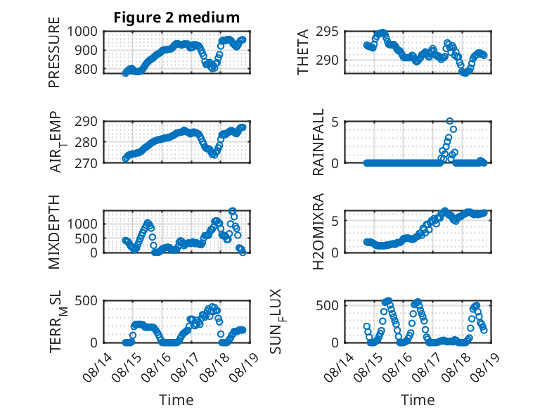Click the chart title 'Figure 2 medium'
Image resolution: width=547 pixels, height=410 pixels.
[x=176, y=18]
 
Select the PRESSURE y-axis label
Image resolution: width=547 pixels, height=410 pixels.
[x=54, y=52]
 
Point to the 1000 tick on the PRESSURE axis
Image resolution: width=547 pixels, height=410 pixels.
[x=82, y=32]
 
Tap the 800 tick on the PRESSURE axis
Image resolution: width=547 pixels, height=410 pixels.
[x=86, y=69]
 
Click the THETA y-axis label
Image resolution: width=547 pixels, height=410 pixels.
[x=302, y=52]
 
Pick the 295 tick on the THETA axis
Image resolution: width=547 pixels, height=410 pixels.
[x=327, y=32]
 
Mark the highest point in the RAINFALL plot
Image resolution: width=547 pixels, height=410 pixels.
[x=450, y=121]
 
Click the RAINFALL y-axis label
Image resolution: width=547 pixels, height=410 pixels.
[x=318, y=142]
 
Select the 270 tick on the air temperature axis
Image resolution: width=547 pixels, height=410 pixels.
[x=86, y=163]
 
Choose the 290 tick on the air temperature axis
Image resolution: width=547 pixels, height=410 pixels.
[x=86, y=122]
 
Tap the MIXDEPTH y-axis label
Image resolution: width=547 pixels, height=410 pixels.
[x=54, y=232]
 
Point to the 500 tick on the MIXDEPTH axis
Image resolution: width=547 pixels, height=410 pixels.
[x=86, y=238]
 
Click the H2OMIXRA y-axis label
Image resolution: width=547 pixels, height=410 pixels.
[x=318, y=231]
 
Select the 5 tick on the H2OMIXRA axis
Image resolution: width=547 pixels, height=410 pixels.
[x=335, y=221]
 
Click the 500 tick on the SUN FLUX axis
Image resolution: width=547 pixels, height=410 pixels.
[x=327, y=306]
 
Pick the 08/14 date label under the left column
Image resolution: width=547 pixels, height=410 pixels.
[x=98, y=367]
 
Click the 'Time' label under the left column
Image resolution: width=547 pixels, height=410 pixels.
[x=176, y=399]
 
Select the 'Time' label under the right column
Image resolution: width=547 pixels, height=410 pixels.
[x=418, y=399]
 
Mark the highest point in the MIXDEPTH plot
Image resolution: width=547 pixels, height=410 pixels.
[x=232, y=211]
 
